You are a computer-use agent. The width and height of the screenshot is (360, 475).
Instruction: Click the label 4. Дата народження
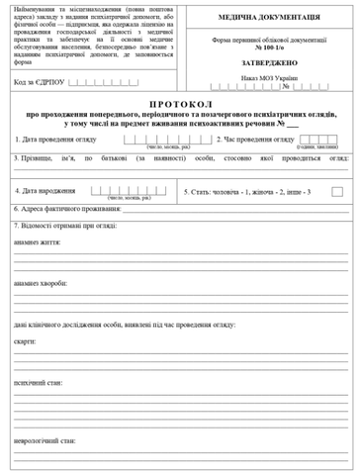click(x=45, y=190)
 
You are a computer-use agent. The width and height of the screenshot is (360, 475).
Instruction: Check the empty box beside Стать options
click(x=337, y=190)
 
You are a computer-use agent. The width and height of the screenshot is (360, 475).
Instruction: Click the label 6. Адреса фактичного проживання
click(x=68, y=209)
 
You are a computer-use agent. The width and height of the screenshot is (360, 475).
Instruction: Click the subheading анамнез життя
click(x=38, y=241)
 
